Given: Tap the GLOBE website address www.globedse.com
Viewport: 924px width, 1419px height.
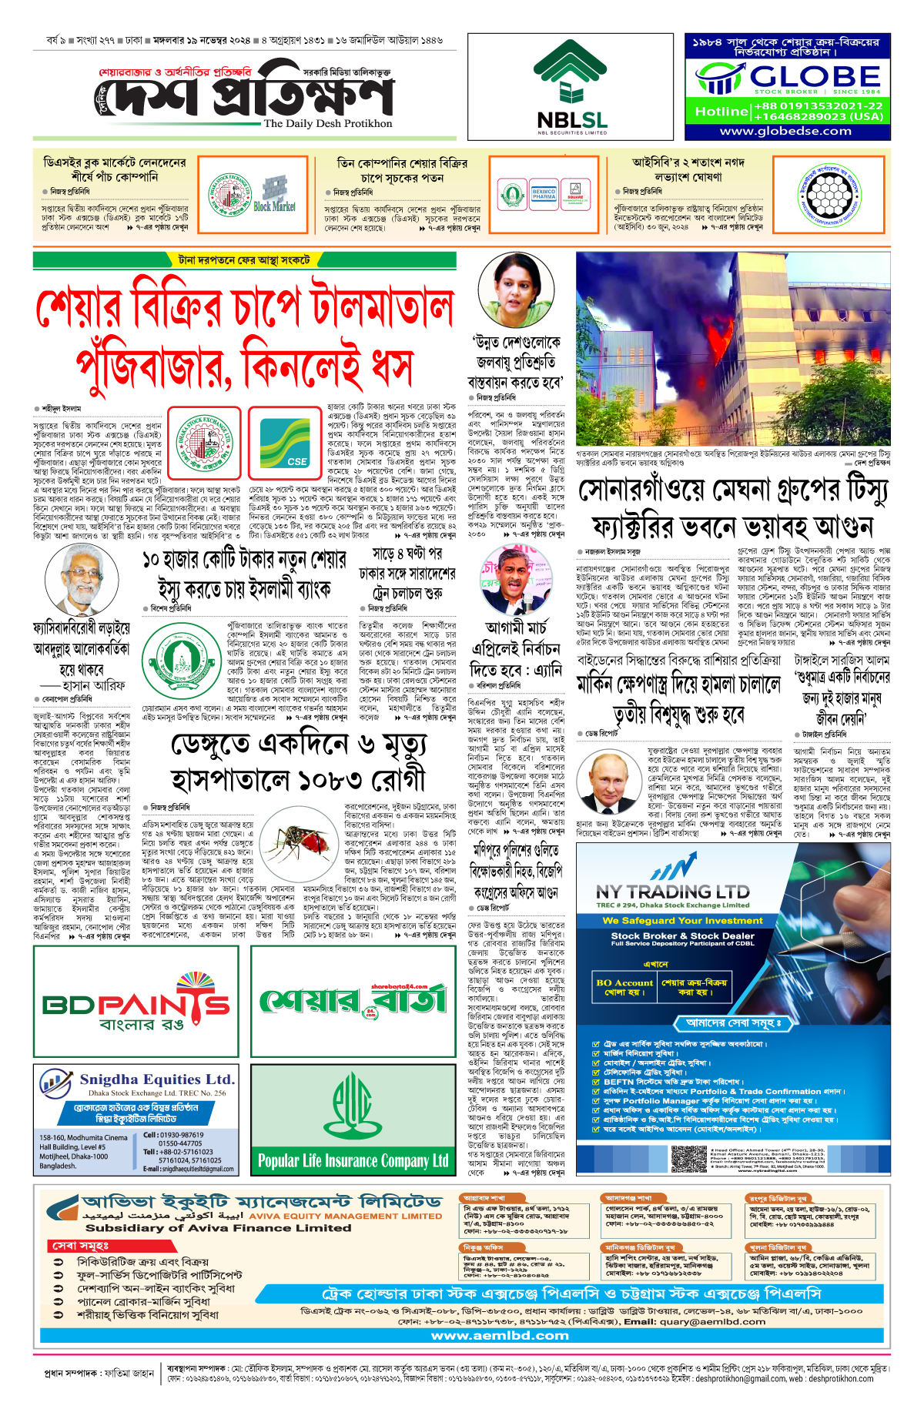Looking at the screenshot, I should pyautogui.click(x=785, y=131).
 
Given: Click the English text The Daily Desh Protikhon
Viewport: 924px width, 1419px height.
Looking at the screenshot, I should pyautogui.click(x=328, y=123).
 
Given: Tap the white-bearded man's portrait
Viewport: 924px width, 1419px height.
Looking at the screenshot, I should pyautogui.click(x=75, y=581).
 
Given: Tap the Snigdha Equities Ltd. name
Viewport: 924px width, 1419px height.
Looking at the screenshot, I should pyautogui.click(x=156, y=1079).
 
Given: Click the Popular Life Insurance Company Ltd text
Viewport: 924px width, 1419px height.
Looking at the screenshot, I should pyautogui.click(x=353, y=1160).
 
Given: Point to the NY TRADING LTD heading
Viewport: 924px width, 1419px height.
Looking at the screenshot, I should pyautogui.click(x=672, y=892).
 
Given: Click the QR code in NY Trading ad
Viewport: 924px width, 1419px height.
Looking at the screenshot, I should pyautogui.click(x=688, y=1158).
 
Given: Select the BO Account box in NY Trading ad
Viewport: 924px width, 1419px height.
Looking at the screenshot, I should pyautogui.click(x=624, y=987).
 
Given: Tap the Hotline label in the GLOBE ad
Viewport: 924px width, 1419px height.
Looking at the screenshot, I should pyautogui.click(x=721, y=112).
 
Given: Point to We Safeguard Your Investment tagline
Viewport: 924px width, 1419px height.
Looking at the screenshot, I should pyautogui.click(x=671, y=920).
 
